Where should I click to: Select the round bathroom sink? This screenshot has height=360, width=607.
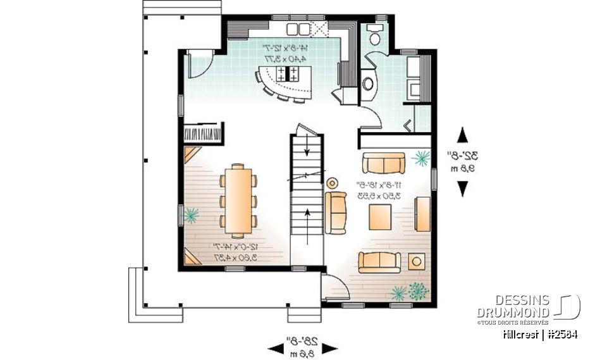coord(367,83)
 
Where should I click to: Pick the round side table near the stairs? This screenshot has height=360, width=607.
coord(331,182)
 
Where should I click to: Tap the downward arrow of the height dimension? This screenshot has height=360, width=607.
coord(463,188)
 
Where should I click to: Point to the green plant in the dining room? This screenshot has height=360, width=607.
coord(190,216)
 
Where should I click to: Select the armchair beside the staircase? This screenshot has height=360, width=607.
coord(336,212)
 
